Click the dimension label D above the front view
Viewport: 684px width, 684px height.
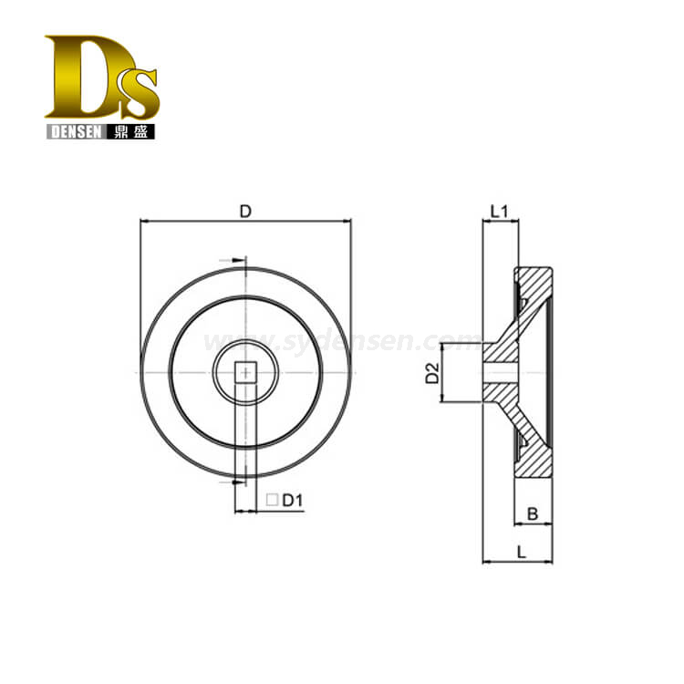pos(245,212)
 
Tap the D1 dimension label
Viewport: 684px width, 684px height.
pos(293,501)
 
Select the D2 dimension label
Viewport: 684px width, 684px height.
pos(432,373)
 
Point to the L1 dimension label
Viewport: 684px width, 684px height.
pos(500,212)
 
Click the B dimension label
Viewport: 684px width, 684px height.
pos(533,514)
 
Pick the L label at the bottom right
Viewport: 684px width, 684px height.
pos(522,553)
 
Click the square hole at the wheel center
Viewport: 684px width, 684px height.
pos(246,372)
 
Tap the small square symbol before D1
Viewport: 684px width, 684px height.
pos(272,500)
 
